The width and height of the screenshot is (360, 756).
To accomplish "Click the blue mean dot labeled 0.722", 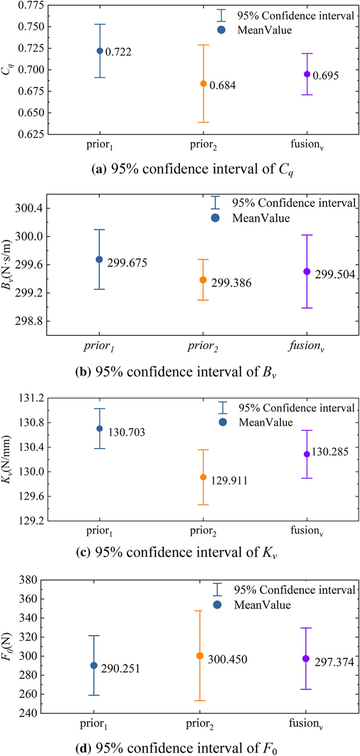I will click(100, 51).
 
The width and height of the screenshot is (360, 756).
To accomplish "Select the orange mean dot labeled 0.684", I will click(204, 83).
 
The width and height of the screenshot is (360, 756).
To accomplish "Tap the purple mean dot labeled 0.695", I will click(307, 74).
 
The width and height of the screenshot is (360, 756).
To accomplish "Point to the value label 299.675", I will click(127, 263).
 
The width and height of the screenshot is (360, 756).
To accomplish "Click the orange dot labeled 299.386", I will click(203, 280).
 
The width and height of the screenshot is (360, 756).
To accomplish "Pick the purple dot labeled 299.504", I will click(307, 271).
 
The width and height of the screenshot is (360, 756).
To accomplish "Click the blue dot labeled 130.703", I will click(100, 428).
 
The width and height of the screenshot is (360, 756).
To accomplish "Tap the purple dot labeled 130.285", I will click(307, 454).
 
